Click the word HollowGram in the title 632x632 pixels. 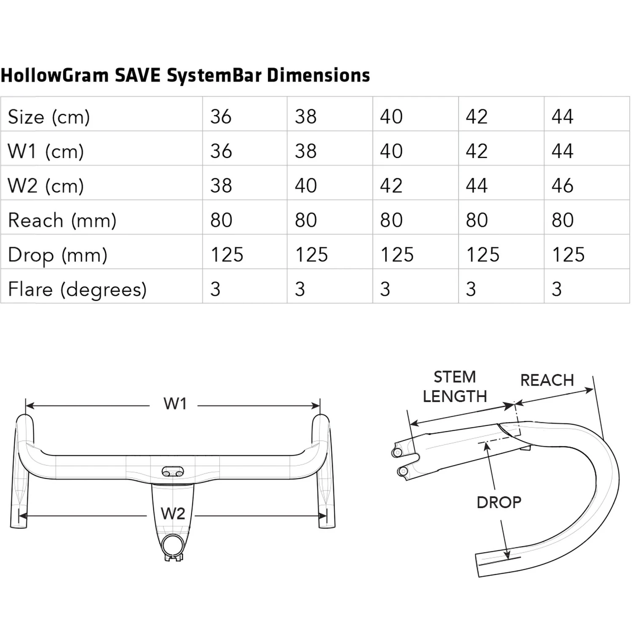pos(55,75)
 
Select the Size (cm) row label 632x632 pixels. pos(49,117)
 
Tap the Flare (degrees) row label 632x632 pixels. pos(77,289)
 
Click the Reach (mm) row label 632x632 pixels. pos(62,220)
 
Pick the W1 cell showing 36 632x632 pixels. pos(221,151)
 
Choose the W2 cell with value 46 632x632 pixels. pos(562,186)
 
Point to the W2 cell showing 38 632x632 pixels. pos(221,186)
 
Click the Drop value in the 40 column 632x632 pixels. pos(397,255)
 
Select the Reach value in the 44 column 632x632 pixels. pos(562,220)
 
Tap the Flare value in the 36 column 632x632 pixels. pos(215,289)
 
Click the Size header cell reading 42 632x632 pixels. pos(477,117)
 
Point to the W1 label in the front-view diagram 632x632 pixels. pos(175,404)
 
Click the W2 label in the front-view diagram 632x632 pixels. pos(173,514)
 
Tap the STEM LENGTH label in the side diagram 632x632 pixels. pos(455,386)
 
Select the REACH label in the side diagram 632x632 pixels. pos(547,380)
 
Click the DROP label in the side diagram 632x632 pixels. pos(499,502)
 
